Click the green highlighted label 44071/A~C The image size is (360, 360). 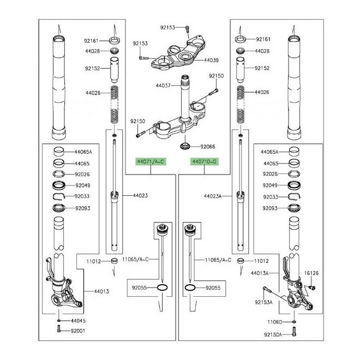[151, 161]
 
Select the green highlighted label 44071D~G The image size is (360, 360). [205, 161]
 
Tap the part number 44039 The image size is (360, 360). [211, 60]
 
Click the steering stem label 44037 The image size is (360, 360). [163, 86]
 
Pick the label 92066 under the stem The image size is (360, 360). [208, 147]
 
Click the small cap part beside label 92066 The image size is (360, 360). [185, 146]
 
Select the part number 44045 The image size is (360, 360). [78, 321]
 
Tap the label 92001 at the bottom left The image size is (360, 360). [78, 331]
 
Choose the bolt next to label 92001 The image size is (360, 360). [58, 329]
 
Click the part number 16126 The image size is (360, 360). [311, 273]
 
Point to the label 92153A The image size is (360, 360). [263, 302]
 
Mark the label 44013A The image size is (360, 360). [260, 273]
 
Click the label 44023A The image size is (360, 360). [213, 196]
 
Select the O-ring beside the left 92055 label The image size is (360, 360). [162, 287]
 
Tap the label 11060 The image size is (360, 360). [274, 322]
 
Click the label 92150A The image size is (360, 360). [273, 335]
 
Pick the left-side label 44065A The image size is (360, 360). [83, 152]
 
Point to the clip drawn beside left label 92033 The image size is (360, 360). [59, 196]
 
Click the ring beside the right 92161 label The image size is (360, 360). [241, 39]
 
